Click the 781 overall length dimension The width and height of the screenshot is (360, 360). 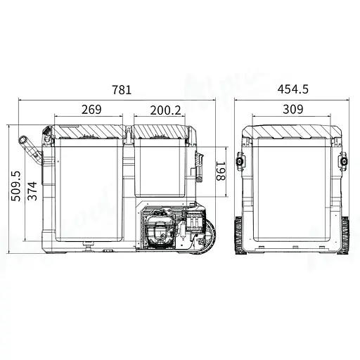pos(122,89)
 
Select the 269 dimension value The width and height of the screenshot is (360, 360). pos(91,109)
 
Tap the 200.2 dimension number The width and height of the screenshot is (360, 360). pos(166,110)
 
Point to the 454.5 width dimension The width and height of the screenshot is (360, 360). pos(293,89)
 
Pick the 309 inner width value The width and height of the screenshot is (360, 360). pos(293,109)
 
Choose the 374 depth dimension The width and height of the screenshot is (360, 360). pos(32,191)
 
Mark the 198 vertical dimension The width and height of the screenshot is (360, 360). pos(220,171)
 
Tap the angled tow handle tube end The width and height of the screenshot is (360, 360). pos(23,139)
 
